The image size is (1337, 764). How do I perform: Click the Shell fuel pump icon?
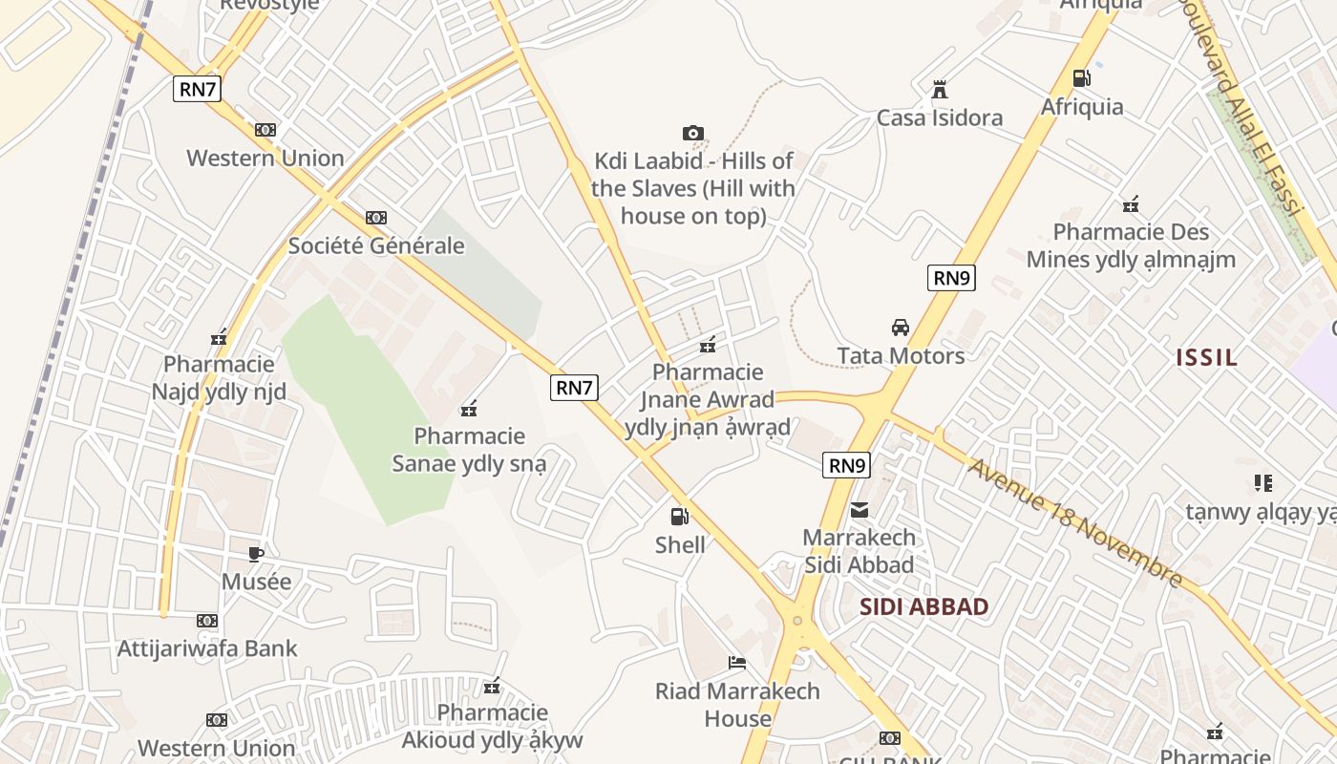[679, 517]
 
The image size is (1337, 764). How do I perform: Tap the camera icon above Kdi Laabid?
[693, 133]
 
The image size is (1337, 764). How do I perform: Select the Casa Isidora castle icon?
[940, 90]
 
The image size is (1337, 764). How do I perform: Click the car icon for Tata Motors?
[901, 328]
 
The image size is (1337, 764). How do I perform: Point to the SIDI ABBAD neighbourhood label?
[923, 606]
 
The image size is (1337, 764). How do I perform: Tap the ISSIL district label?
[1206, 358]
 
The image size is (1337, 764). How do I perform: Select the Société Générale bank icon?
[376, 218]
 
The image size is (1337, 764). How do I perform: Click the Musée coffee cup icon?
[256, 553]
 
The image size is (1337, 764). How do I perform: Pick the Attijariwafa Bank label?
[207, 648]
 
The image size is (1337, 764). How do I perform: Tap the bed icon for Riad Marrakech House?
[737, 662]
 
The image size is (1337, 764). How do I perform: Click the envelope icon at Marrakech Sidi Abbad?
[859, 509]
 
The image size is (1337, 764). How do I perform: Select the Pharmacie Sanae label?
[470, 450]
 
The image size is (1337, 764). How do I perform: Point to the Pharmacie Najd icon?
[219, 336]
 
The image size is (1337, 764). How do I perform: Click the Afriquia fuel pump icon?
[1081, 78]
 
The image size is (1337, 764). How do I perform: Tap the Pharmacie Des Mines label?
[1131, 245]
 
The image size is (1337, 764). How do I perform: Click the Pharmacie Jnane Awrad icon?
[708, 345]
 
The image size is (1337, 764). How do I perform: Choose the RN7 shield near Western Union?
[198, 90]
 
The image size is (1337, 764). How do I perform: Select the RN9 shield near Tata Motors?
[951, 278]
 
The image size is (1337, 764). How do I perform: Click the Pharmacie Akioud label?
[492, 726]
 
